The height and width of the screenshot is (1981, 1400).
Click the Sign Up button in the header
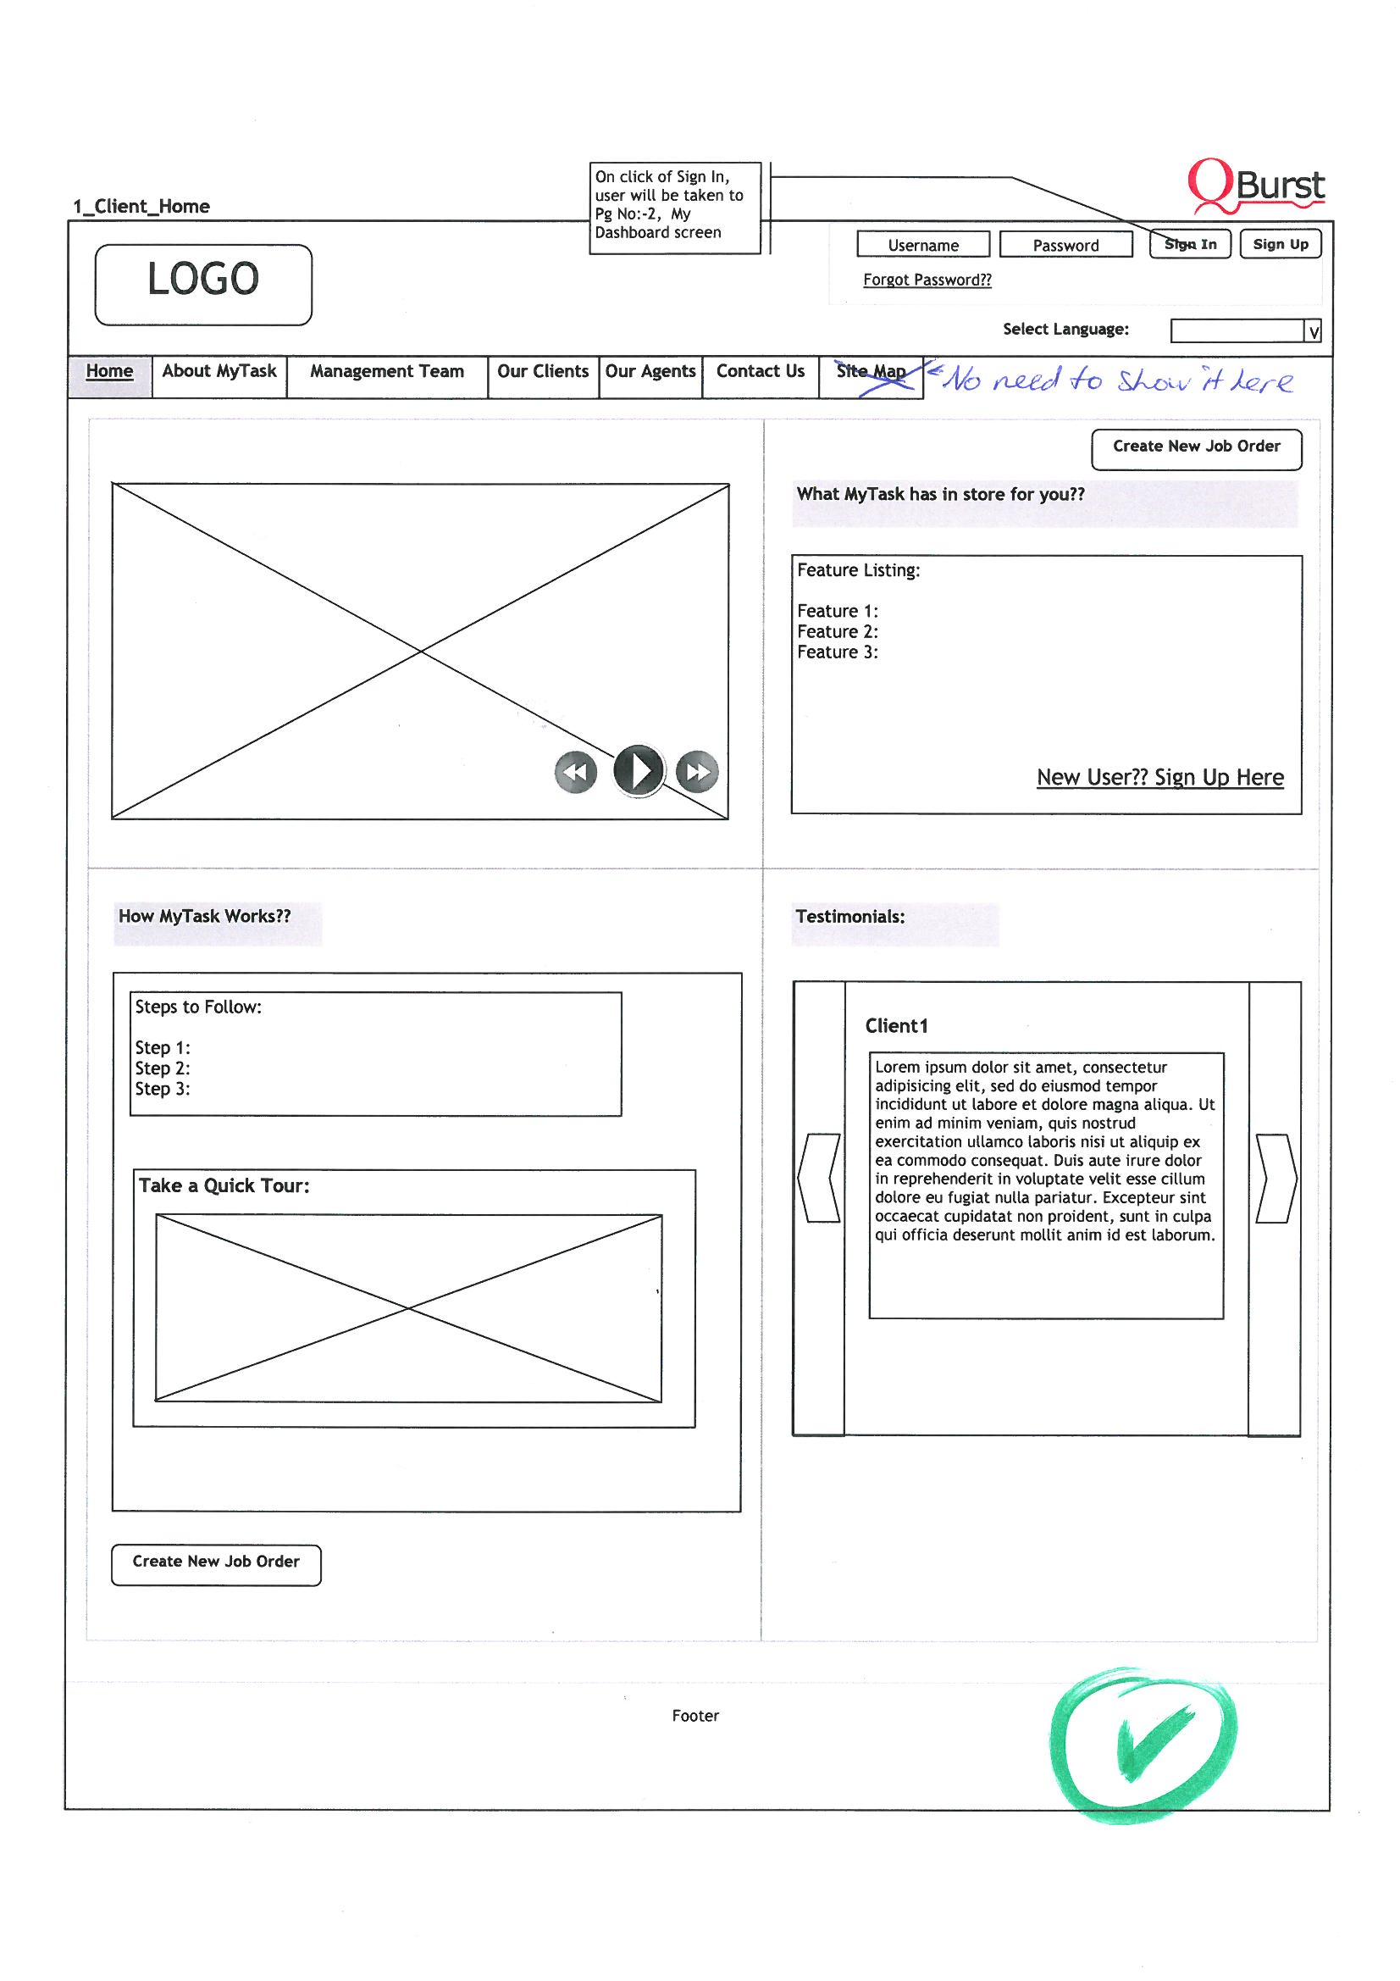point(1280,244)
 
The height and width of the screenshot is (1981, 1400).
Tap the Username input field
point(923,245)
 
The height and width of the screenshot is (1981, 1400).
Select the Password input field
point(1066,245)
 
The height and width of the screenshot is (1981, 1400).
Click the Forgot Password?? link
point(927,280)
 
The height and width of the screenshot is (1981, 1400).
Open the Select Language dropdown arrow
point(1313,331)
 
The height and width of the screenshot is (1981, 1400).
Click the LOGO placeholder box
point(203,285)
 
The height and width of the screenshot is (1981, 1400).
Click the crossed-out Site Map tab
point(872,376)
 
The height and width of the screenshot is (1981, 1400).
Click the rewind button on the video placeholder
point(575,771)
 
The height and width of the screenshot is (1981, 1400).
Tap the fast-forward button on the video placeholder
point(697,771)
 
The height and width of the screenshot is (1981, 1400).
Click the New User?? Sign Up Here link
point(1160,777)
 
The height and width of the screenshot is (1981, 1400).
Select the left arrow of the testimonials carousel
point(819,1178)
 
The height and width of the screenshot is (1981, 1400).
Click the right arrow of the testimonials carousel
point(1276,1178)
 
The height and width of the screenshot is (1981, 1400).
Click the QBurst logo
point(1256,185)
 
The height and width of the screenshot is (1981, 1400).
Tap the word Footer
point(695,1715)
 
